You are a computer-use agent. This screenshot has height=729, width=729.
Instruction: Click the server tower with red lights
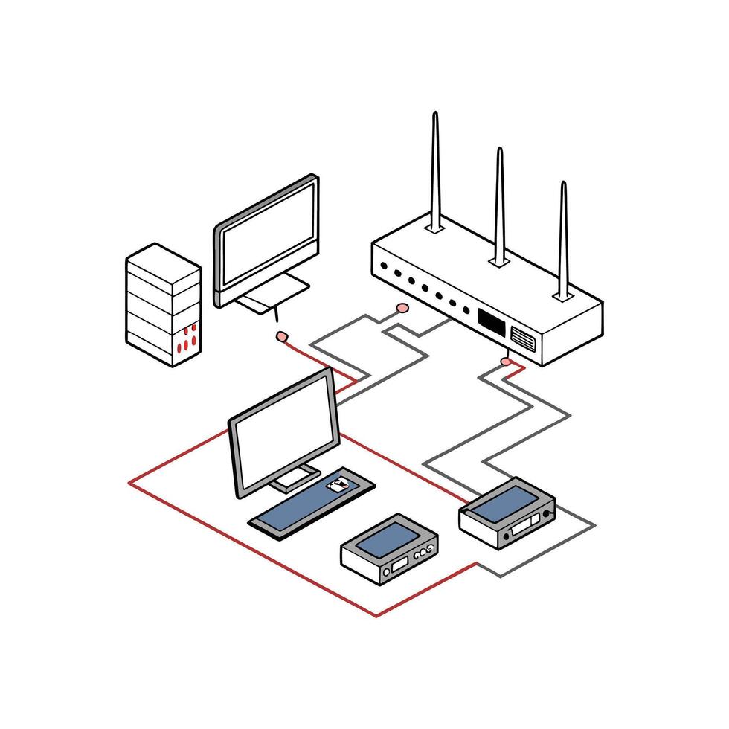164,305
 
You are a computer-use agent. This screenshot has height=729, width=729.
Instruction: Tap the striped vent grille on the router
522,338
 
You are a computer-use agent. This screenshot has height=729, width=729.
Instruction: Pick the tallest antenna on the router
436,171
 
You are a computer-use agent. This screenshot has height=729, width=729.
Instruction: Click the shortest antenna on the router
563,238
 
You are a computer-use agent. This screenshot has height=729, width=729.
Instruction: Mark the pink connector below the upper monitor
281,336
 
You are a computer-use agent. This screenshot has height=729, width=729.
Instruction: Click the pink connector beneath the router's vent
507,362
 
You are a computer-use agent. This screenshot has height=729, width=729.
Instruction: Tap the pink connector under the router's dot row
402,307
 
